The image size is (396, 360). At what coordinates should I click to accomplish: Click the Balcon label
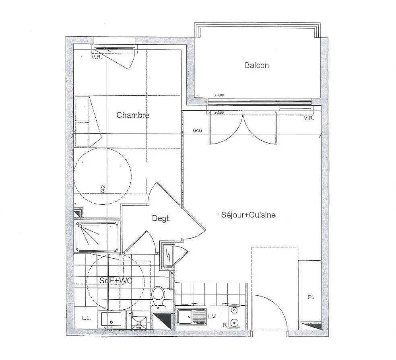click(x=256, y=65)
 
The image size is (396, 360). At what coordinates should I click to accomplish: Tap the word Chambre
click(x=133, y=115)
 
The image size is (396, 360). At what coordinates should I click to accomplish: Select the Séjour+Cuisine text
click(x=248, y=215)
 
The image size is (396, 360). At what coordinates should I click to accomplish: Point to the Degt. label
click(x=161, y=219)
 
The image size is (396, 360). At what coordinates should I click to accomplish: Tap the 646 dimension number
click(x=197, y=130)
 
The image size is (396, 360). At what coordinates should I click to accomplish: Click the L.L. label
click(x=86, y=318)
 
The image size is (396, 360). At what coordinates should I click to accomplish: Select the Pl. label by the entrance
click(x=311, y=298)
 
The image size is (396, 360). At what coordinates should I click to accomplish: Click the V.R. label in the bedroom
click(x=96, y=57)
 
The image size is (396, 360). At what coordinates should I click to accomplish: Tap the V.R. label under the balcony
click(x=309, y=118)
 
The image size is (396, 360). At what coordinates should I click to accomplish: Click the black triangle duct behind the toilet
click(x=162, y=321)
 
